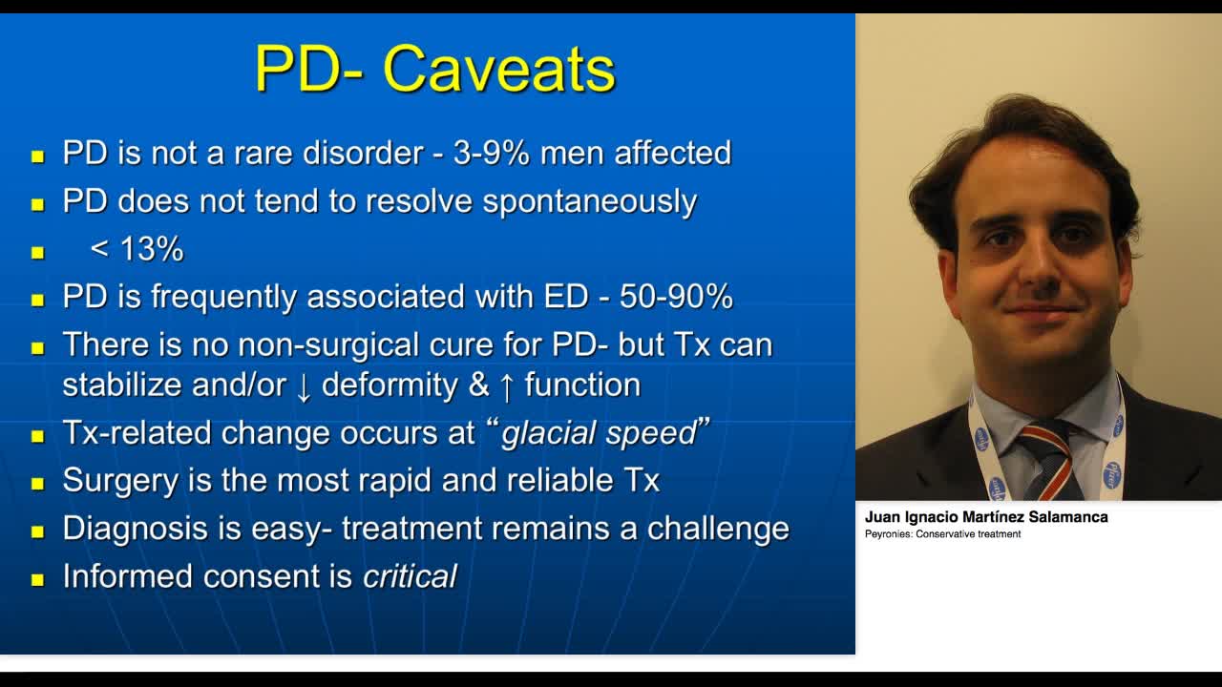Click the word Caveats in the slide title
point(498,69)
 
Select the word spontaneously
point(589,201)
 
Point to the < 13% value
point(137,249)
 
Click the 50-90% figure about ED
point(676,297)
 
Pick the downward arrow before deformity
point(304,385)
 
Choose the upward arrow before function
point(507,385)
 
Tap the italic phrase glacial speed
point(599,433)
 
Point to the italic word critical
point(410,576)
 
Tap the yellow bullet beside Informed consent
point(38,578)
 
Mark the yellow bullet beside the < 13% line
point(38,252)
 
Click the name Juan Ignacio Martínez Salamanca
point(986,517)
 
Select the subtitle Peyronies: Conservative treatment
point(942,534)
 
